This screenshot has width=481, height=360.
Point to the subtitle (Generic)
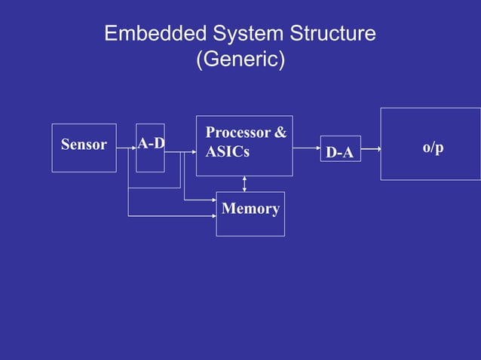pos(240,59)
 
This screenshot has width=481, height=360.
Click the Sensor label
pos(84,145)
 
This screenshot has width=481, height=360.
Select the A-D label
pos(152,143)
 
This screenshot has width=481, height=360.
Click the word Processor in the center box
pos(237,133)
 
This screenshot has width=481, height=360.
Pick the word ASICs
pos(227,151)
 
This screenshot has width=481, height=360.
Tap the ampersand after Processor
pos(280,133)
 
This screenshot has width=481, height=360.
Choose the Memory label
pos(251,209)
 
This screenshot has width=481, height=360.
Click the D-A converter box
pos(340,149)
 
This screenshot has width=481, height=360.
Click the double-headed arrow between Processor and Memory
pos(244,184)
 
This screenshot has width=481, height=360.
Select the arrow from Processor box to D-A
pos(306,148)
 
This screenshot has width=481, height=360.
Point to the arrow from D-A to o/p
pos(370,148)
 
